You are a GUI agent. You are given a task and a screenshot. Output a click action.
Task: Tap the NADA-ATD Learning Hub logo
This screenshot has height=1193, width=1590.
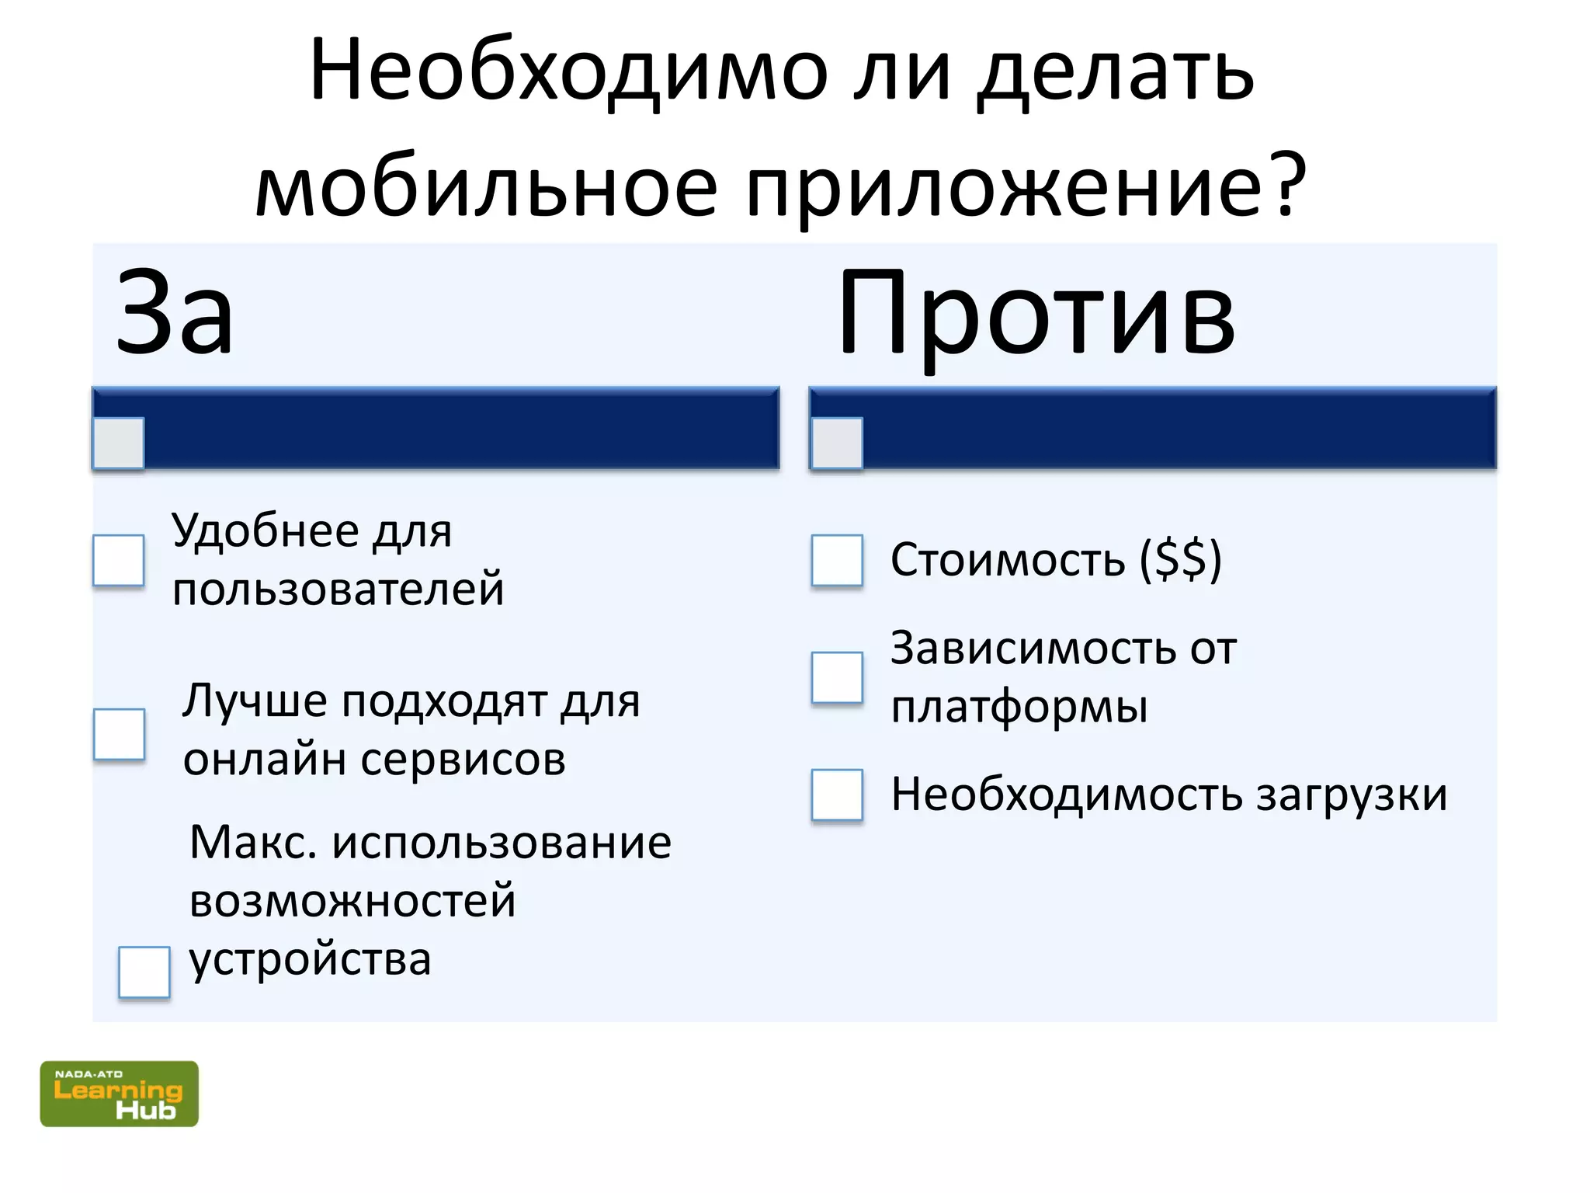(119, 1093)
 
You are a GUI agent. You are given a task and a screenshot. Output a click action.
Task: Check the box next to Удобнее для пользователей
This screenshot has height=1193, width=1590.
(119, 560)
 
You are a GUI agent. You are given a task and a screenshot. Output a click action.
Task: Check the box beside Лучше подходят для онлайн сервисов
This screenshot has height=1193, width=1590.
(119, 734)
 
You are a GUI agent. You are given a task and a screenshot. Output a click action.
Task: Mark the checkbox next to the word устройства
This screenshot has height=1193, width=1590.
(144, 972)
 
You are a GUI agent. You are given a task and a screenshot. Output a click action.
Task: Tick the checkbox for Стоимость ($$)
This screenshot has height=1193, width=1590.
(837, 560)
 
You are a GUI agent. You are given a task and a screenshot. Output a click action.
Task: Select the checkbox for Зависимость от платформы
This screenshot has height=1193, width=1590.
(837, 677)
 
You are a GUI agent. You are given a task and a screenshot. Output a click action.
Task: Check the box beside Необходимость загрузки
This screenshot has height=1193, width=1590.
(837, 795)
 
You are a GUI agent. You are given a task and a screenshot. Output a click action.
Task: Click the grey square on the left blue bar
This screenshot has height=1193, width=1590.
(119, 443)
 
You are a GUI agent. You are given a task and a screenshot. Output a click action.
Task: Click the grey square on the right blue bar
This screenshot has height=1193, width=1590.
(837, 443)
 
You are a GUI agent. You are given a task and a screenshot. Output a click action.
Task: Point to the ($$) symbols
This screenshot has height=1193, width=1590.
(1181, 559)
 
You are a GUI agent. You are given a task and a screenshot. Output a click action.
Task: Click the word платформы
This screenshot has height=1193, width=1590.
(1019, 708)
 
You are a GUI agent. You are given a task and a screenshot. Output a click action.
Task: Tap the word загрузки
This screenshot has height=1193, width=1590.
(1352, 795)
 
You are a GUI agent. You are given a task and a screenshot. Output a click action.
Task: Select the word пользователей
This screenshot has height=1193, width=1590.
(338, 589)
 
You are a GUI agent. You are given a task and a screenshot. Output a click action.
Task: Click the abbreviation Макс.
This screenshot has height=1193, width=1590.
(253, 843)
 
